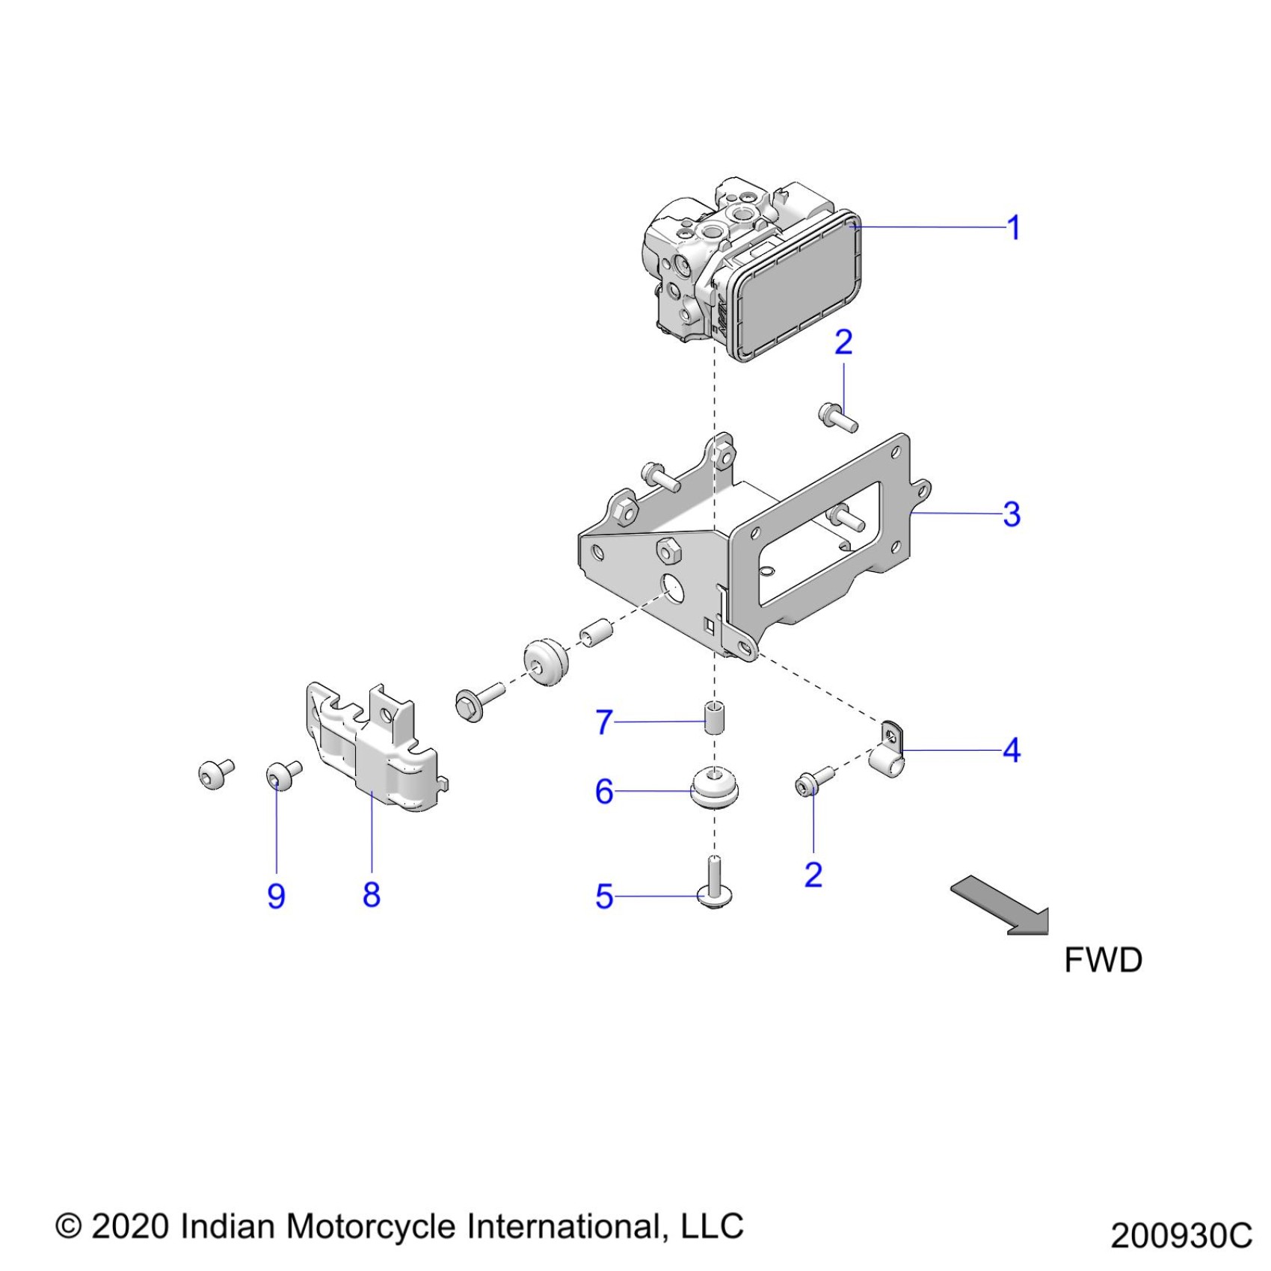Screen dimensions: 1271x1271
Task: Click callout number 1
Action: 1013,228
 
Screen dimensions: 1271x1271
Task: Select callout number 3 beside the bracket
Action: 1012,514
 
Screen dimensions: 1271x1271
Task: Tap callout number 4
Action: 1012,750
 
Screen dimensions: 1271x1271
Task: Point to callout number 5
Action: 604,896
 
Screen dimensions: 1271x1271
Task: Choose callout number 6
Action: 604,791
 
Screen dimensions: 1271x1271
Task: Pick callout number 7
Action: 604,722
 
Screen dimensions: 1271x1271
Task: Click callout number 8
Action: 372,894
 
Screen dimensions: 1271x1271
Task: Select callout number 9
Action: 276,896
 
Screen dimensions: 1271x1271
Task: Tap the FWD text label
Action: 1103,961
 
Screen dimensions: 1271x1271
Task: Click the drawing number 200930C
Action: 1181,1235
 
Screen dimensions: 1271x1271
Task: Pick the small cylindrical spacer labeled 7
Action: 715,719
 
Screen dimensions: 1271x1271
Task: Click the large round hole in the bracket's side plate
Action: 672,591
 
